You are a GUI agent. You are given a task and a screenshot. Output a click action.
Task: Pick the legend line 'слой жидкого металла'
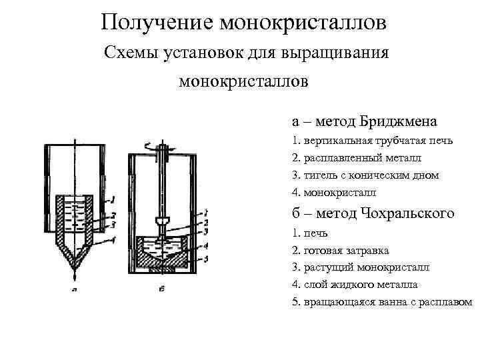[359, 284]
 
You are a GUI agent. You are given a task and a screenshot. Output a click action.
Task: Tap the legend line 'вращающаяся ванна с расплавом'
[387, 301]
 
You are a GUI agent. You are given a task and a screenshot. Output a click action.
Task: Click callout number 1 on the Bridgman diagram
[114, 198]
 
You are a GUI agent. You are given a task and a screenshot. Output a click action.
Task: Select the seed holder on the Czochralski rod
[160, 220]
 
